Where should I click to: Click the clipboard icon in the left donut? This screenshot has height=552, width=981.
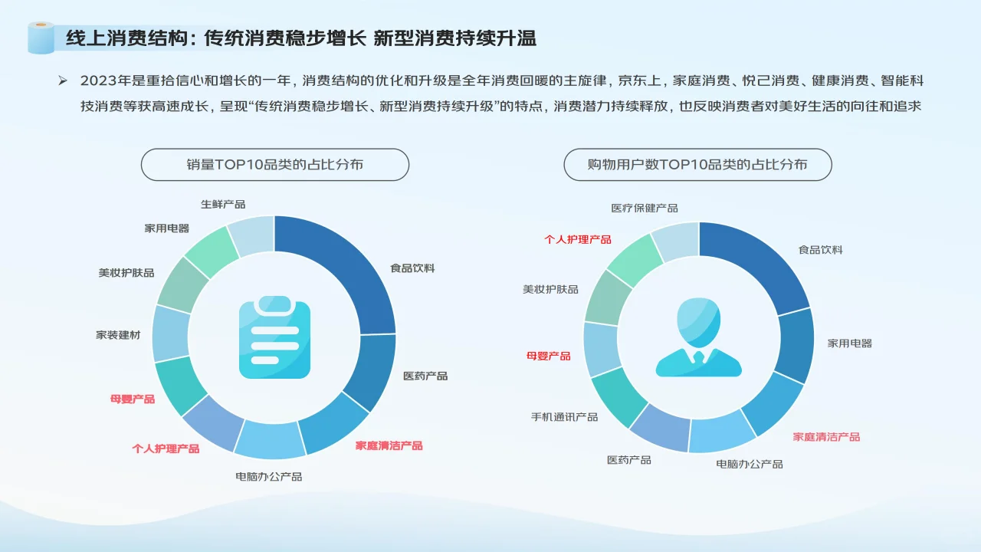tap(274, 337)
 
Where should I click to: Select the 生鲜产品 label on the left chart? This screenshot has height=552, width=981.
tap(223, 205)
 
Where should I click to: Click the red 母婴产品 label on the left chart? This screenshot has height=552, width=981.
tap(133, 399)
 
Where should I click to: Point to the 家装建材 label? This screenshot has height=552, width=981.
tap(118, 335)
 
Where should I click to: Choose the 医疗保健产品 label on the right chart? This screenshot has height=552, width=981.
tap(645, 208)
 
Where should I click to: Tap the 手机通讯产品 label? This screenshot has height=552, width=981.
tap(564, 417)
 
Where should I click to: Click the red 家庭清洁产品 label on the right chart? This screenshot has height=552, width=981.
tap(826, 436)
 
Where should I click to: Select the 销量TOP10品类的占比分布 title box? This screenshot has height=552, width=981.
tap(274, 165)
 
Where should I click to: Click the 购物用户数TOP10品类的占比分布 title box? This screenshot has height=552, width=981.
tap(697, 165)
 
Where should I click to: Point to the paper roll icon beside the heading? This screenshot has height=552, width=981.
tap(41, 38)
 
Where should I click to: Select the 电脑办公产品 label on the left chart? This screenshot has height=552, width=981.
tap(268, 477)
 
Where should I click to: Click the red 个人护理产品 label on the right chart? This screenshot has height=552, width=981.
tap(578, 239)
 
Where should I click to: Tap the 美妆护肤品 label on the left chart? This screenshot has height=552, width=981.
tap(126, 272)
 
